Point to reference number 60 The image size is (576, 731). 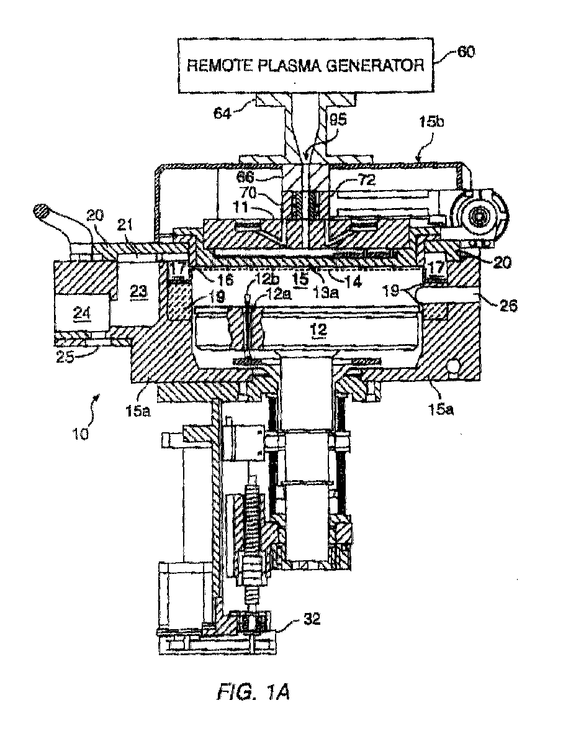point(465,52)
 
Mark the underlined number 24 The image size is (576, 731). point(82,314)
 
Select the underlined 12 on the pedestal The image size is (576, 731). point(318,330)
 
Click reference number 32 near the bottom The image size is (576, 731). point(312,619)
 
